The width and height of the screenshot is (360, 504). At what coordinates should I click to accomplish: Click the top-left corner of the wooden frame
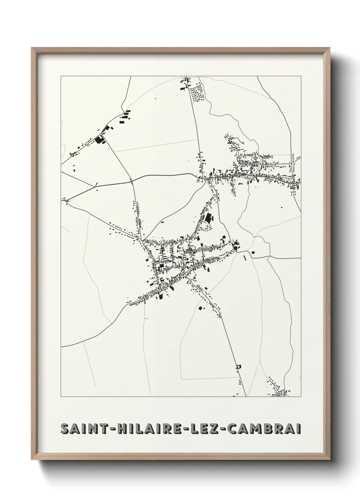32,48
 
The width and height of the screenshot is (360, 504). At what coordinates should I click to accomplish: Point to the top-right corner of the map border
301,76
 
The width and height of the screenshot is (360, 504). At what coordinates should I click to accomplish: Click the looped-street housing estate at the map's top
197,92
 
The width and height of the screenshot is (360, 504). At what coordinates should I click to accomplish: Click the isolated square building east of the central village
253,252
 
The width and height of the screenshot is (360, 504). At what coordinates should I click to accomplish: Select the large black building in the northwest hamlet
100,139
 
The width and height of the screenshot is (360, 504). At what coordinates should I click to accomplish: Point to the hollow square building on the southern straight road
239,366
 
